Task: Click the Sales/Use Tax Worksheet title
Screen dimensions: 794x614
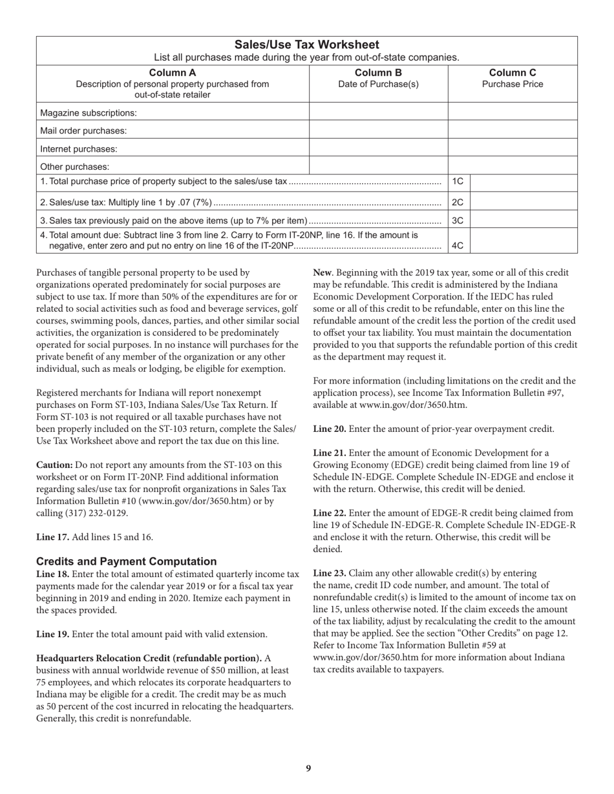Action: pos(306,45)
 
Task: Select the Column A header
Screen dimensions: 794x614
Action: pos(173,72)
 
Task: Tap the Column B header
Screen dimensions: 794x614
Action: pos(379,72)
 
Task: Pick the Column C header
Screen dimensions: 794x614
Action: pos(513,72)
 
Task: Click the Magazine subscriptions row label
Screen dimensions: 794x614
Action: pos(89,113)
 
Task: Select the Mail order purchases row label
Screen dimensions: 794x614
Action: pos(83,130)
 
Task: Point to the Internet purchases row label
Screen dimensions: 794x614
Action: pos(79,148)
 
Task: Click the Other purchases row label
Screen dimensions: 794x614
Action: pos(75,167)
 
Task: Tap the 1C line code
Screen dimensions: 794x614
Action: pos(458,182)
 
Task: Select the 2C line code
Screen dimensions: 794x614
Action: pos(458,202)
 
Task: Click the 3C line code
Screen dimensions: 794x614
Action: pos(458,220)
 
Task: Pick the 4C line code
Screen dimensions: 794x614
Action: pos(458,245)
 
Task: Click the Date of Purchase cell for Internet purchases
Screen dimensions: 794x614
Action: pos(379,148)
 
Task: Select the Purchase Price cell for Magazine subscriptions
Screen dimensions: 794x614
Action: pos(513,113)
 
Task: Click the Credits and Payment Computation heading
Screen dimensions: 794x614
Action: pos(127,561)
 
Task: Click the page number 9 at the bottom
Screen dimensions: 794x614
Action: pos(308,768)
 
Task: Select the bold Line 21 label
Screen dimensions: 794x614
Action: pos(330,453)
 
